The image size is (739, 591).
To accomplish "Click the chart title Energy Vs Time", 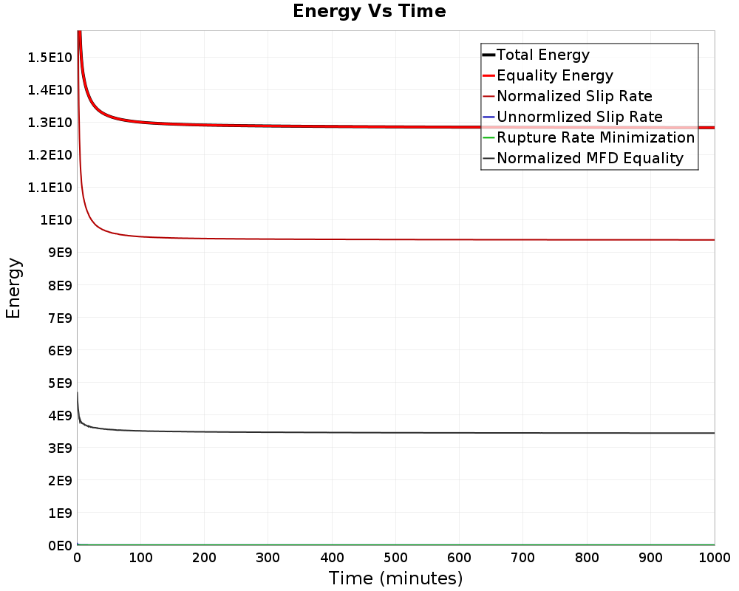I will tap(369, 11).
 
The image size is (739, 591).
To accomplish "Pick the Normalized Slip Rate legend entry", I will tap(573, 96).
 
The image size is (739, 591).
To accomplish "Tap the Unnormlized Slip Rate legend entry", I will tap(579, 117).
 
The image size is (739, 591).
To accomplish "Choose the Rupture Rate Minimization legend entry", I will tap(595, 137).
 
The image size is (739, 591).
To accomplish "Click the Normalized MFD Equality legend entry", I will tap(590, 158).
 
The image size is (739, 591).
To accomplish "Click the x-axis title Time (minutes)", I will tap(395, 578).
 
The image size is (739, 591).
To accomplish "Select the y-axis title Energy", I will tap(13, 288).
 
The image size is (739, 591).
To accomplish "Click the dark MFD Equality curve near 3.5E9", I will tap(369, 433).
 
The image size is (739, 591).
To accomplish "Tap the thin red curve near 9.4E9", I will tap(369, 239).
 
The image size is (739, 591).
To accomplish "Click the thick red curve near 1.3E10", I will tap(369, 126).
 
